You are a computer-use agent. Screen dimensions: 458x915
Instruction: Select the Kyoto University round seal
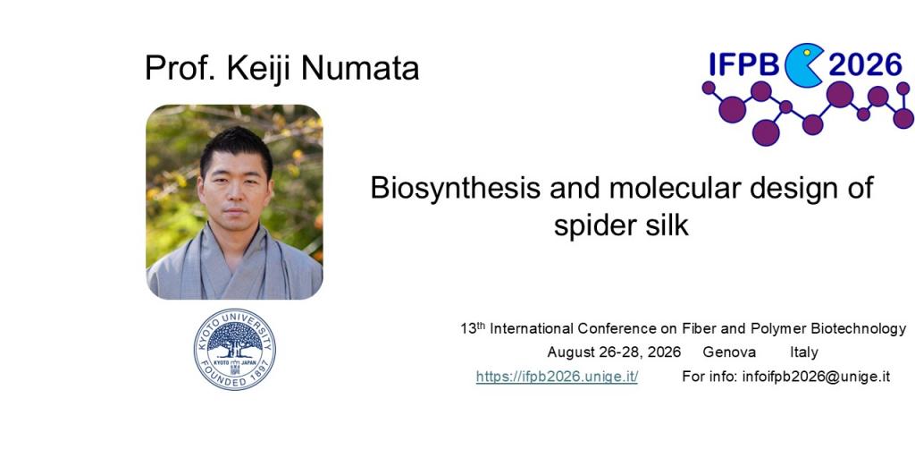(x=234, y=349)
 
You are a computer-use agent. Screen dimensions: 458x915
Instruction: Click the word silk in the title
(x=668, y=225)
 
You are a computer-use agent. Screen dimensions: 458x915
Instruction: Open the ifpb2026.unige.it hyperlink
(x=557, y=377)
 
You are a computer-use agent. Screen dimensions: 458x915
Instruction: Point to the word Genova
(x=729, y=352)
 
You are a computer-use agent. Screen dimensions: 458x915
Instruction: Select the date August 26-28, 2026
(x=614, y=352)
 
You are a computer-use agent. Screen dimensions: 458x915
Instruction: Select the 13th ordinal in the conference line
(x=473, y=328)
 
